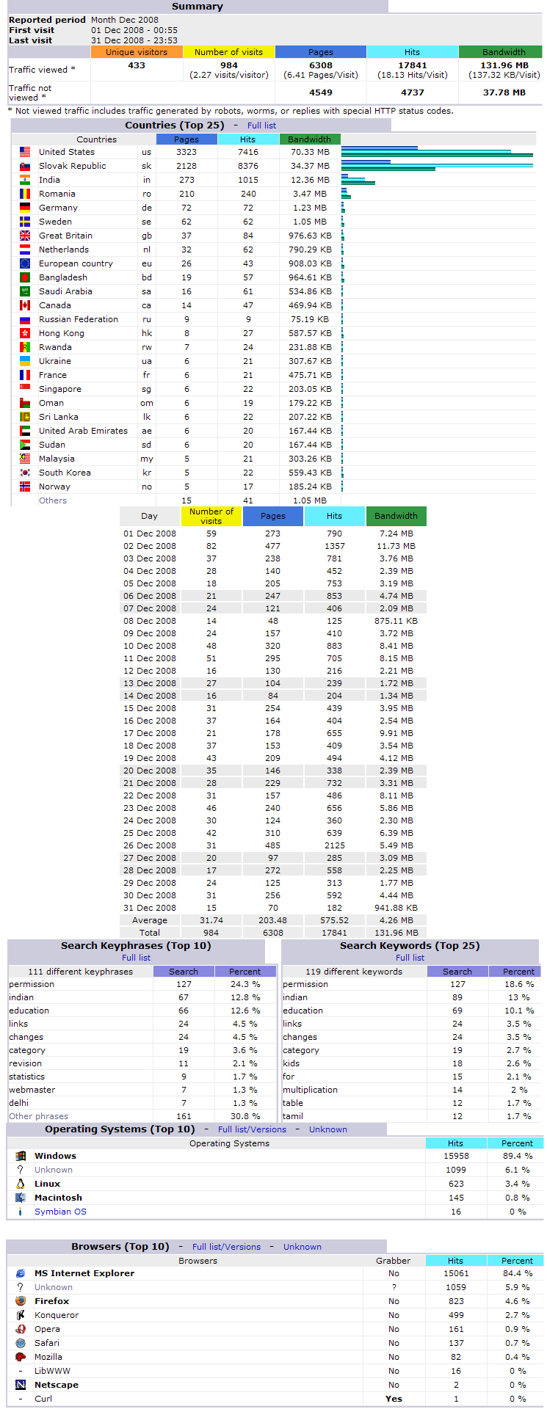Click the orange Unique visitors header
coord(137,52)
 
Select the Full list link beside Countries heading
coord(261,125)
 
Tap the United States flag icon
coord(25,152)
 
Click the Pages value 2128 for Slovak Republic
coord(186,166)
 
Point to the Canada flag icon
coord(25,305)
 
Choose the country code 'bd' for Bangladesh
coord(147,277)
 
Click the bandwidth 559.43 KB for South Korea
coord(310,473)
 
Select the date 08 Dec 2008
coord(150,621)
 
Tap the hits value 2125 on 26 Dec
coord(334,845)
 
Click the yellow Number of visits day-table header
coord(211,516)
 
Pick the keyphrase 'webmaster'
coord(32,1090)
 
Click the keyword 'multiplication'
coord(310,1090)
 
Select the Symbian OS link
coord(60,1212)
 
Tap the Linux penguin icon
coord(21,1184)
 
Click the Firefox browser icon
coord(21,1301)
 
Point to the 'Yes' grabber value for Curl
coord(394,1399)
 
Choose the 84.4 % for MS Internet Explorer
coord(518,1273)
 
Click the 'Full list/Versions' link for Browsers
coord(226,1247)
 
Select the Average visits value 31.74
coord(211,920)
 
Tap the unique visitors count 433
coord(137,65)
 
